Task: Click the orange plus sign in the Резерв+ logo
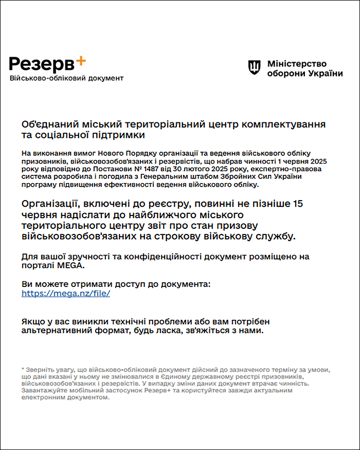pyautogui.click(x=80, y=61)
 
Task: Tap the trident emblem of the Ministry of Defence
pyautogui.click(x=255, y=66)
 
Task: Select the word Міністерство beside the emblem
pyautogui.click(x=297, y=63)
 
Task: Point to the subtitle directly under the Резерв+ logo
pyautogui.click(x=66, y=78)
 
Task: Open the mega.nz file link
pyautogui.click(x=66, y=294)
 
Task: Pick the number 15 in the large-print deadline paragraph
pyautogui.click(x=297, y=204)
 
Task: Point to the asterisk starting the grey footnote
pyautogui.click(x=23, y=369)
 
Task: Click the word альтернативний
pyautogui.click(x=59, y=331)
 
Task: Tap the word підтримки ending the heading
pyautogui.click(x=118, y=135)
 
